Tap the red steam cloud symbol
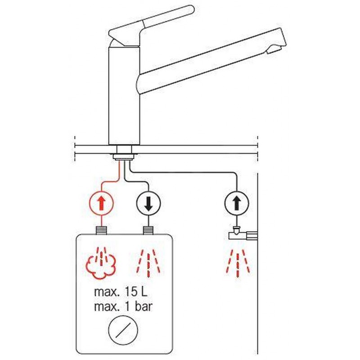tap(101, 263)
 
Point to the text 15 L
tap(136, 292)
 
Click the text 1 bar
tap(139, 306)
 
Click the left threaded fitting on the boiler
tap(101, 230)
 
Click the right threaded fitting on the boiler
tap(148, 230)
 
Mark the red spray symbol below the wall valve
tap(238, 263)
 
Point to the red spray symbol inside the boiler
tap(148, 263)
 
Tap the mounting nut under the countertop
tap(124, 157)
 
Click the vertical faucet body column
tap(124, 95)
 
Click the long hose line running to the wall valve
tap(183, 172)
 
